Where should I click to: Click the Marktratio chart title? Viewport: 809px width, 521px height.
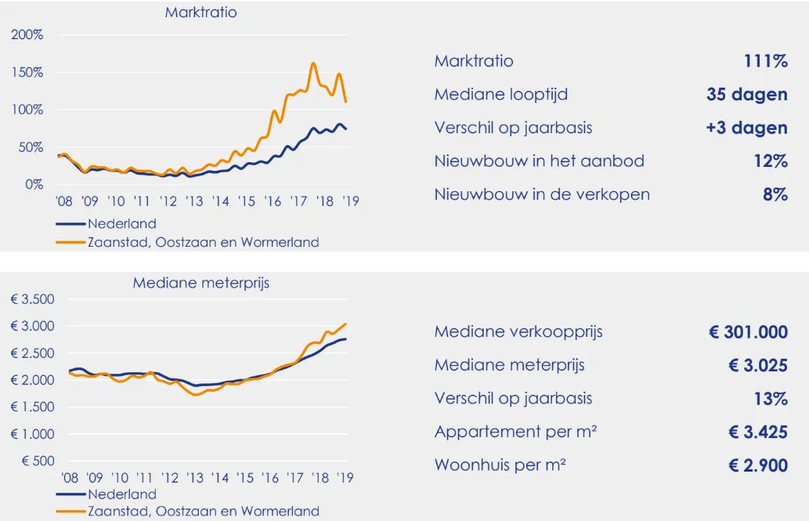pyautogui.click(x=200, y=13)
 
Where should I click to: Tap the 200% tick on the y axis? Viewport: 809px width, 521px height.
pyautogui.click(x=27, y=35)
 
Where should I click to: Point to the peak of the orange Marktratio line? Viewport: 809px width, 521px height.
pyautogui.click(x=313, y=63)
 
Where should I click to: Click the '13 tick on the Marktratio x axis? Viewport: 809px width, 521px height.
pyautogui.click(x=194, y=201)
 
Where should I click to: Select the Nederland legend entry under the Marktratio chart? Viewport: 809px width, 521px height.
pyautogui.click(x=122, y=223)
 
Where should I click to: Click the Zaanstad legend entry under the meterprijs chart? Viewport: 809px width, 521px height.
pyautogui.click(x=204, y=512)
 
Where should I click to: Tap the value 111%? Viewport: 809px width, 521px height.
pyautogui.click(x=765, y=61)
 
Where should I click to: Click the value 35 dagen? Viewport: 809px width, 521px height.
pyautogui.click(x=746, y=95)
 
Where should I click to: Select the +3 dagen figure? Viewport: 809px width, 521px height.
pyautogui.click(x=746, y=128)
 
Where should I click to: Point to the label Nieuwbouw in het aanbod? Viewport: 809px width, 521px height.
pyautogui.click(x=539, y=161)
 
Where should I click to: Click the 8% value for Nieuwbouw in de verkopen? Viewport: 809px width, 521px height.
pyautogui.click(x=775, y=194)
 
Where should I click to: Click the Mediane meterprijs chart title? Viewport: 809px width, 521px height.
pyautogui.click(x=200, y=283)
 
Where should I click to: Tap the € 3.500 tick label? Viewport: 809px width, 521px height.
pyautogui.click(x=32, y=299)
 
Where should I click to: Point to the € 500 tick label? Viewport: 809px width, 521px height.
pyautogui.click(x=38, y=461)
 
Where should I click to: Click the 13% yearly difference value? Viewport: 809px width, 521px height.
pyautogui.click(x=770, y=399)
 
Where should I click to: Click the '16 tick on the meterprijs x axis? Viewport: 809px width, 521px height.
pyautogui.click(x=270, y=477)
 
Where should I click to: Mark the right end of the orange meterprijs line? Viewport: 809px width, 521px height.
pyautogui.click(x=346, y=324)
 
